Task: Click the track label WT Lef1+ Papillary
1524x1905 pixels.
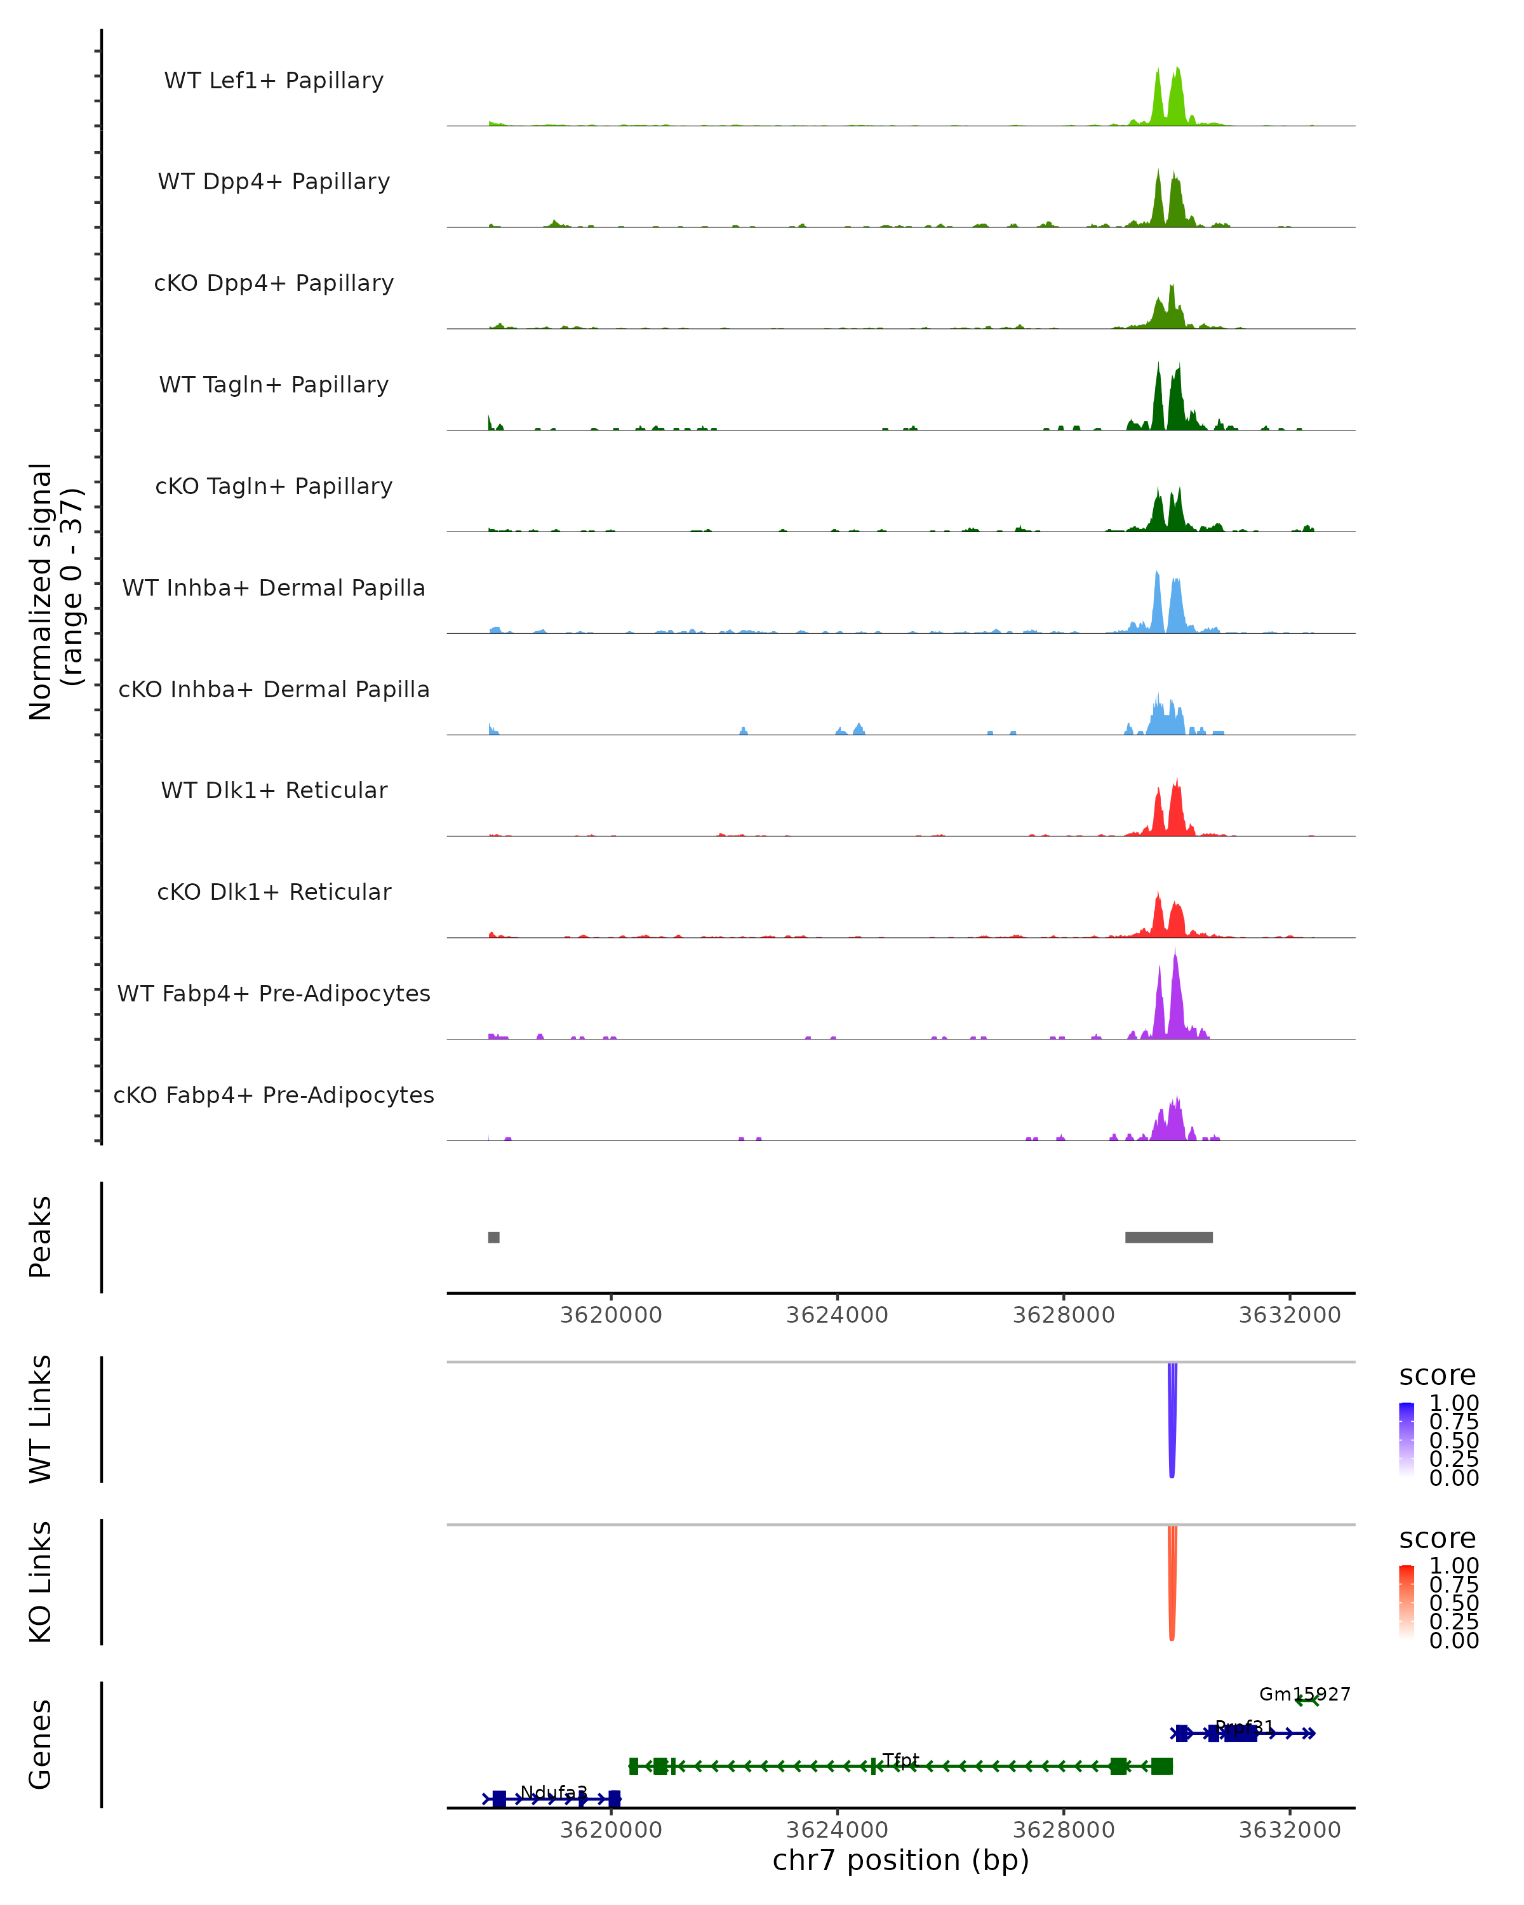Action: coord(274,81)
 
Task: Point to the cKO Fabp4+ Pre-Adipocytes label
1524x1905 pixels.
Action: coord(274,1095)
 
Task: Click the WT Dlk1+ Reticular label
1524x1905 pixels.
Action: coord(274,790)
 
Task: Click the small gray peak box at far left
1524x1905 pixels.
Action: coord(494,1237)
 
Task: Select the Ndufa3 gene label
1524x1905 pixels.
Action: coord(553,1792)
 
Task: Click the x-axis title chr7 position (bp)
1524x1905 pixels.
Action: coord(900,1860)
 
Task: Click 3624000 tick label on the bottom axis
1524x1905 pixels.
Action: coord(837,1830)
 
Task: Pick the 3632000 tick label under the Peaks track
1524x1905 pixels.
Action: coord(1289,1315)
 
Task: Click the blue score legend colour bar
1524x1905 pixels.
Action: coord(1407,1440)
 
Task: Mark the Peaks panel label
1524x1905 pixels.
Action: coord(40,1237)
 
